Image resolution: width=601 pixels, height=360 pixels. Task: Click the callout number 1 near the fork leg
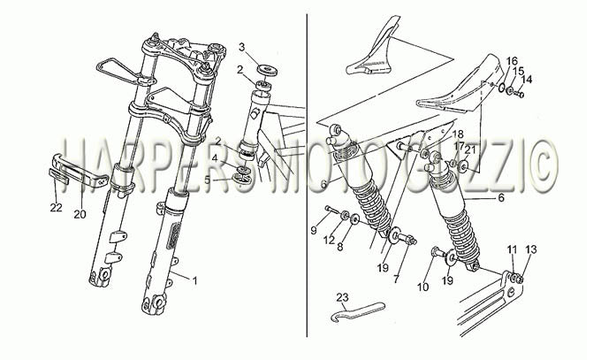(x=194, y=281)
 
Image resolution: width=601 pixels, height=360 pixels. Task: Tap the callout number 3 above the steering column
(x=241, y=47)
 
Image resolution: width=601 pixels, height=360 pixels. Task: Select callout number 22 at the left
(x=56, y=208)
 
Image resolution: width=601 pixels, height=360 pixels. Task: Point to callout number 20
(x=80, y=214)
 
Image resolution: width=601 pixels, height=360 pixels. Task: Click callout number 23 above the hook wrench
(x=343, y=297)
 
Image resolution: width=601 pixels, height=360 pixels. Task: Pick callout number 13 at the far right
(x=531, y=249)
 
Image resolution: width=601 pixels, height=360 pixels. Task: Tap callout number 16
(x=512, y=61)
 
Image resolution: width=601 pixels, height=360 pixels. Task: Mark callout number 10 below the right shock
(x=423, y=287)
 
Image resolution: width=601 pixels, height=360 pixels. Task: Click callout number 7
(x=396, y=279)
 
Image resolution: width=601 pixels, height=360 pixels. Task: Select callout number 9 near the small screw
(x=314, y=231)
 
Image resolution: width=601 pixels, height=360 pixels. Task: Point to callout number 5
(x=208, y=180)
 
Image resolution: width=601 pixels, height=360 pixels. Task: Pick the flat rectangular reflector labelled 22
(x=58, y=176)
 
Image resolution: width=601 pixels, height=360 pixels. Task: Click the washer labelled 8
(x=354, y=219)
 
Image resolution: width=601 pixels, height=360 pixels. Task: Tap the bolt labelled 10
(x=437, y=252)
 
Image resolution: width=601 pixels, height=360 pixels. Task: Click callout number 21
(x=470, y=149)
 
